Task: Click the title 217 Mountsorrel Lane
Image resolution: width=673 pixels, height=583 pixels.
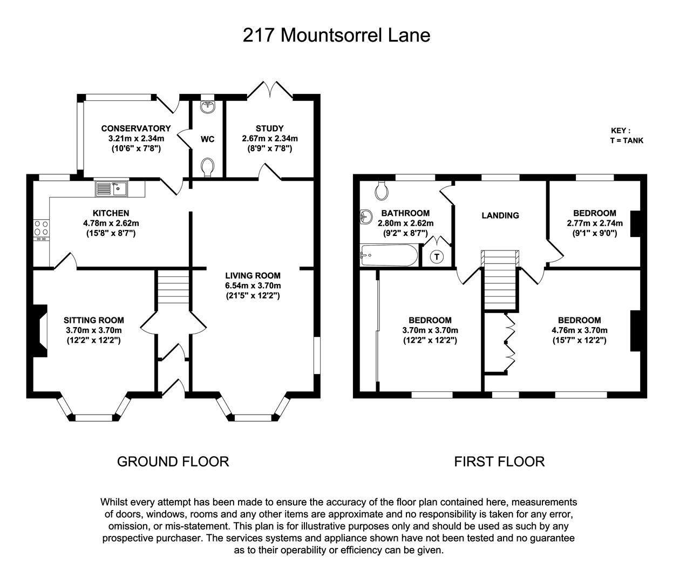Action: pyautogui.click(x=336, y=35)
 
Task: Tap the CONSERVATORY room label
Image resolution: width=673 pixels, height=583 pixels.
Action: pyautogui.click(x=135, y=128)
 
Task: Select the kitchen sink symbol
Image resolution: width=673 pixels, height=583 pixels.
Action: pyautogui.click(x=111, y=188)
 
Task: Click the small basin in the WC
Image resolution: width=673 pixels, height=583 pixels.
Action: pyautogui.click(x=207, y=107)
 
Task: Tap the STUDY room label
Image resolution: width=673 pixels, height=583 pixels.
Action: pyautogui.click(x=269, y=128)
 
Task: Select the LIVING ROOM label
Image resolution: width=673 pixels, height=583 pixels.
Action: pyautogui.click(x=253, y=275)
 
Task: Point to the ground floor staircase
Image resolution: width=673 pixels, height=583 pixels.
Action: pyautogui.click(x=173, y=289)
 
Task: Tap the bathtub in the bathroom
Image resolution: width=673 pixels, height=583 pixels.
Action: pyautogui.click(x=389, y=255)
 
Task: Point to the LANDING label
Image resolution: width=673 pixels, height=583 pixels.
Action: pyautogui.click(x=500, y=215)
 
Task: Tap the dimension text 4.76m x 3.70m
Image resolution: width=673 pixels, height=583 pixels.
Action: pyautogui.click(x=579, y=330)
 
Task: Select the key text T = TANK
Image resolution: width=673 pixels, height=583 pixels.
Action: pyautogui.click(x=627, y=141)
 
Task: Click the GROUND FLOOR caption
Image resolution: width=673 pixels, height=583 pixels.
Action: pyautogui.click(x=173, y=462)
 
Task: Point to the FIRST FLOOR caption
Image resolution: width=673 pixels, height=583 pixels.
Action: pyautogui.click(x=499, y=462)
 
